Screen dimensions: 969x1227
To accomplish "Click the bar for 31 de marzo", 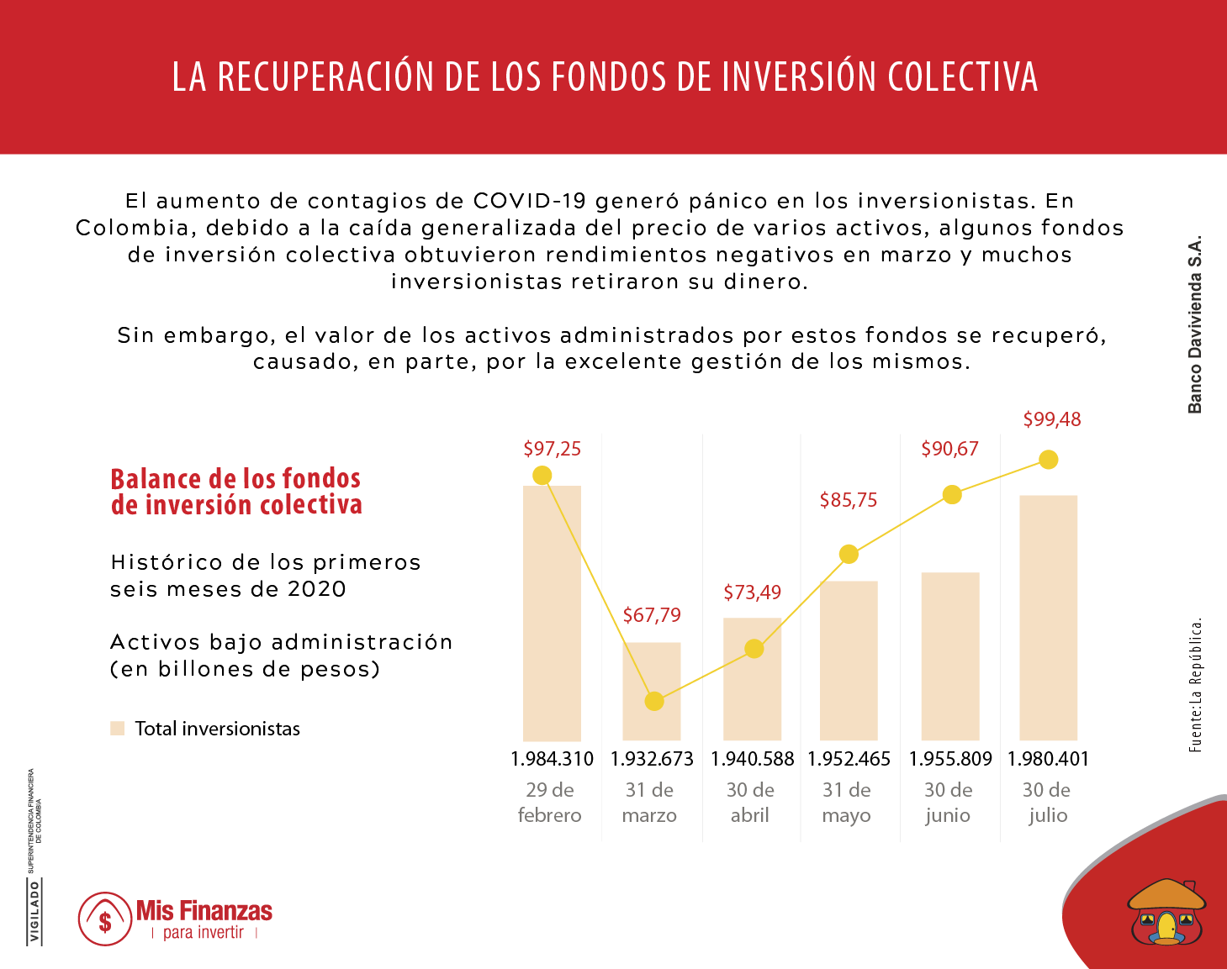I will coord(651,691).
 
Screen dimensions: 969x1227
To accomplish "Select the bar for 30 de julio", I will coord(1048,618).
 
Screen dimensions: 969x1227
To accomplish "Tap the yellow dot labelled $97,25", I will coord(542,476).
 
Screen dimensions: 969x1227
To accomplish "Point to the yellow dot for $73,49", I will coord(754,649).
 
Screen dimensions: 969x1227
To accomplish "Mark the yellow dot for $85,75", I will coord(849,554).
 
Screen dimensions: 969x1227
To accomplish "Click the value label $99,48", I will coord(1051,419).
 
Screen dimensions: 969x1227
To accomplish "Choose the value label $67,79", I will coord(652,615).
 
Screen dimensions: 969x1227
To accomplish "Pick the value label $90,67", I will coord(949,449).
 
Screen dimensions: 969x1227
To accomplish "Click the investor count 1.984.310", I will coord(552,759).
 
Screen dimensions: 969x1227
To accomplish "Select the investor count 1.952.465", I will coord(849,759).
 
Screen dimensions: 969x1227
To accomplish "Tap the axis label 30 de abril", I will coord(750,803).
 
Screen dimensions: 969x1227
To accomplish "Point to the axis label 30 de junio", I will coord(948,803).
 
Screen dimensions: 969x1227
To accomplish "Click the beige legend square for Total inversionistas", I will coord(118,729).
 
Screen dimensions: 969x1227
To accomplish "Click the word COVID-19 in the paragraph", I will coord(530,201).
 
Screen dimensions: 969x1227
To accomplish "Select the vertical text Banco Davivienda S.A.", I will coord(1194,324).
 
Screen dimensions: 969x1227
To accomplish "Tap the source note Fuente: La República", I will coord(1195,685).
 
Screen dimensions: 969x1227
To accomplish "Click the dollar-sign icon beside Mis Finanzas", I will coord(105,919).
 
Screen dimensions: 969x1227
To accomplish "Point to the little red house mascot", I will coord(1166,913).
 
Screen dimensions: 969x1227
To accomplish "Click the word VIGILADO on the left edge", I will coord(34,912).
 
